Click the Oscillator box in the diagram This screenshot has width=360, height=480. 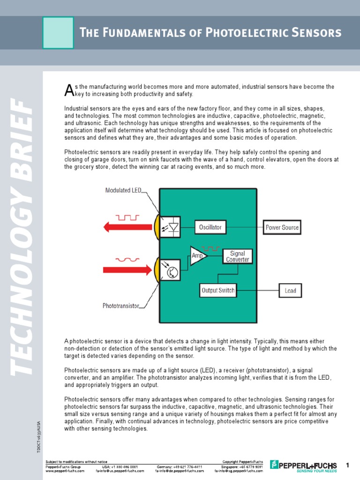(x=210, y=227)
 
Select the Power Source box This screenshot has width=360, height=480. (x=282, y=227)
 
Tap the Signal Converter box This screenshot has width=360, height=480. (x=238, y=256)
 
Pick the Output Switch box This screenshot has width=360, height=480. (x=217, y=290)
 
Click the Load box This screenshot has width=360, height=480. (x=290, y=291)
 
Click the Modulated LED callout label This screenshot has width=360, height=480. (x=123, y=190)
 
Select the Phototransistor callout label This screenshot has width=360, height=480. (x=121, y=306)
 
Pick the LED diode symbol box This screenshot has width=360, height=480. (x=170, y=227)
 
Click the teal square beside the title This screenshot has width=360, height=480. (x=58, y=33)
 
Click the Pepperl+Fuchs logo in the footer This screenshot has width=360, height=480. (x=307, y=465)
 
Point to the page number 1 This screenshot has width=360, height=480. (x=348, y=465)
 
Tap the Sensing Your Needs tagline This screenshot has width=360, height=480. (x=317, y=471)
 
